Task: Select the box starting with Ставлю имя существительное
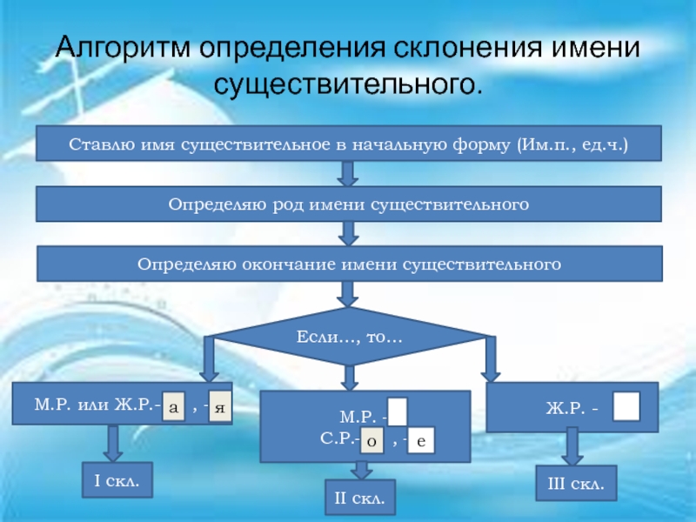[x=348, y=144]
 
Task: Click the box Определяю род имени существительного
[x=348, y=204]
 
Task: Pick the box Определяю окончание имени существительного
[x=348, y=263]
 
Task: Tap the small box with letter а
[x=174, y=406]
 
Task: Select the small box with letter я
[x=221, y=406]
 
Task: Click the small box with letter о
[x=371, y=442]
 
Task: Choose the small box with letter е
[x=420, y=442]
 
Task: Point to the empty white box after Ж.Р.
[x=626, y=406]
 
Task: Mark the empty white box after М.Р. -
[x=398, y=412]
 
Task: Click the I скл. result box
[x=117, y=479]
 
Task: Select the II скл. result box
[x=359, y=498]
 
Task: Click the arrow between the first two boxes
[x=348, y=174]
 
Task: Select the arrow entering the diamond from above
[x=348, y=293]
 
